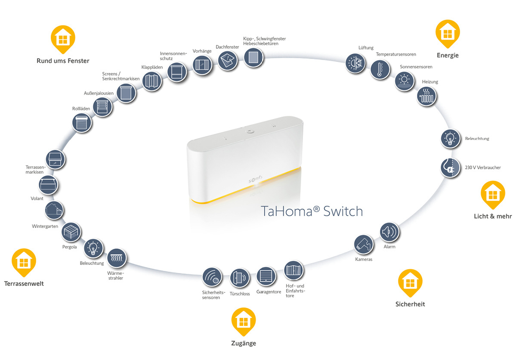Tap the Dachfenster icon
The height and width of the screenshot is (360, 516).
(228, 61)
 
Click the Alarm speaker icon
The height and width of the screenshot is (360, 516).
(389, 233)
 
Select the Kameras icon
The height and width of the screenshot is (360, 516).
(364, 244)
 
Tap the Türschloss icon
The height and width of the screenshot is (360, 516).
(240, 278)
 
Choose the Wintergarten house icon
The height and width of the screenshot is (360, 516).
(55, 211)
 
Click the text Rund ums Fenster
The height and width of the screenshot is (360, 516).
(63, 61)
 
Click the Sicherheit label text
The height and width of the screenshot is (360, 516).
(410, 304)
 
